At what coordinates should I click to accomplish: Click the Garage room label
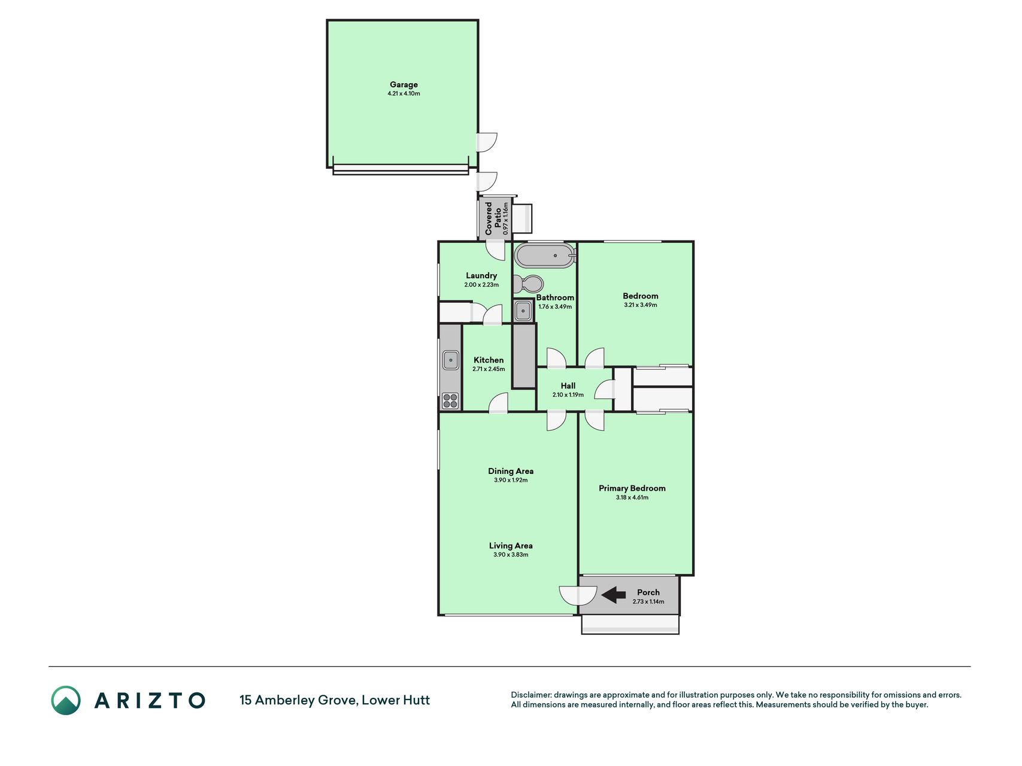click(x=404, y=85)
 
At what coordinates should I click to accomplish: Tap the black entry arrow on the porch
click(x=613, y=595)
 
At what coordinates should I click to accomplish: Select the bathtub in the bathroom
click(x=545, y=256)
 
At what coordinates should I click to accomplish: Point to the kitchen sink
click(x=450, y=360)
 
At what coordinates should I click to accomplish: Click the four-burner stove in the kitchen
click(x=450, y=400)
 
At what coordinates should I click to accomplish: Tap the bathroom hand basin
click(x=523, y=311)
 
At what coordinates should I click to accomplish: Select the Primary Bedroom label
click(x=632, y=488)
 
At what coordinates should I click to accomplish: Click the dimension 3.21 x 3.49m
click(x=641, y=305)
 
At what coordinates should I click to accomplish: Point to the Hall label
click(x=568, y=386)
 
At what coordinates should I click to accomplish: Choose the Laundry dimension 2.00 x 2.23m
click(x=481, y=285)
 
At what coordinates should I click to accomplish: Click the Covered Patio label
click(x=493, y=218)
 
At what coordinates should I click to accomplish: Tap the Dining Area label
click(x=511, y=471)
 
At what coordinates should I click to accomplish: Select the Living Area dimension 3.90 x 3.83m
click(x=511, y=555)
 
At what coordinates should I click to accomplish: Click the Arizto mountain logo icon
click(x=66, y=700)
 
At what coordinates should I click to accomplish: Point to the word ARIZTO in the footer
click(x=150, y=700)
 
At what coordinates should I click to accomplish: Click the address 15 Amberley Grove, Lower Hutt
click(x=335, y=700)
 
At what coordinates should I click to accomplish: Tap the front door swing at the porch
click(x=578, y=595)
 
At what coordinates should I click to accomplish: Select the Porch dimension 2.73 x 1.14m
click(x=648, y=602)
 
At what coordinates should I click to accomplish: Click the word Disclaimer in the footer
click(x=530, y=695)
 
